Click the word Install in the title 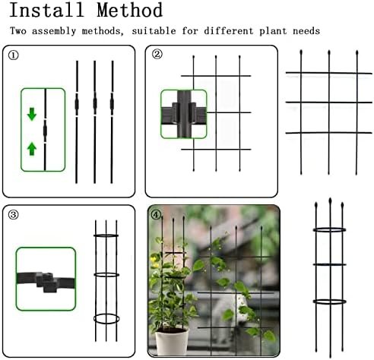(x=47, y=10)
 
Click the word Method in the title (x=130, y=10)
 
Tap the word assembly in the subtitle (x=54, y=31)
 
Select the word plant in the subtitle (x=273, y=31)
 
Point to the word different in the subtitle (x=229, y=31)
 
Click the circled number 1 (x=14, y=55)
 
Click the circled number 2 (x=157, y=54)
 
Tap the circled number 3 (x=14, y=215)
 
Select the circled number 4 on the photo (x=156, y=215)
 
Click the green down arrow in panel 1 (x=32, y=114)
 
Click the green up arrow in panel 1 (x=32, y=149)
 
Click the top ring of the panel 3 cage (x=106, y=235)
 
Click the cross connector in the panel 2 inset (x=184, y=114)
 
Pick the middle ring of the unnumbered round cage (x=329, y=264)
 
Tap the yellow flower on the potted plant (x=154, y=260)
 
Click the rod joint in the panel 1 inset (x=45, y=131)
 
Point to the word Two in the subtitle (x=18, y=31)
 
